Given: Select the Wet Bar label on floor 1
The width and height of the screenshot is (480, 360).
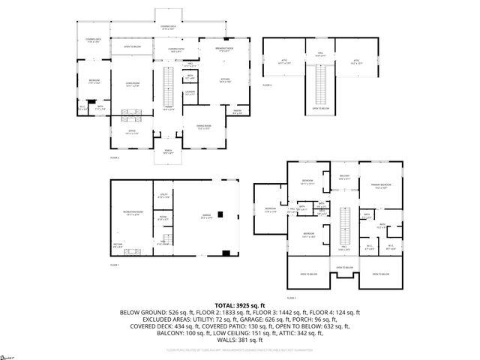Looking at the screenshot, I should [x=118, y=245].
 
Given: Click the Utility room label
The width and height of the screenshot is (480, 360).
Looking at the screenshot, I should [x=163, y=196].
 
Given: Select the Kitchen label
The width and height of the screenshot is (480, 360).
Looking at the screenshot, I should [x=223, y=82].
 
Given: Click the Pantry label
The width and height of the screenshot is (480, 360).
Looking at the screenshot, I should [x=237, y=112].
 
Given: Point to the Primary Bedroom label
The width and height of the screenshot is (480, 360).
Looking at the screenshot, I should [x=379, y=185].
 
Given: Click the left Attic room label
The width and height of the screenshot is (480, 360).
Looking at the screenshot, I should [x=284, y=64].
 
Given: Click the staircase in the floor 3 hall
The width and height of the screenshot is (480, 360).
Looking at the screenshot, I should [x=346, y=221].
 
